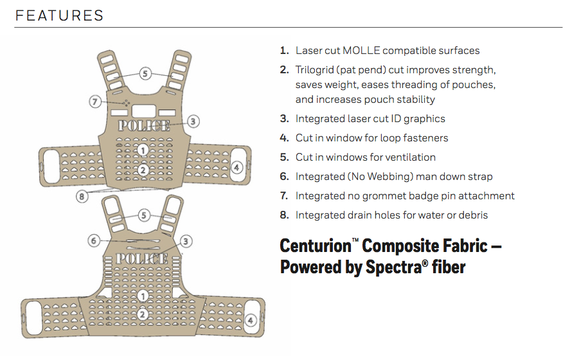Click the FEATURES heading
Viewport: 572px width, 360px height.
pyautogui.click(x=60, y=15)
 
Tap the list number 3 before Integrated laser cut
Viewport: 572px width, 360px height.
pyautogui.click(x=284, y=118)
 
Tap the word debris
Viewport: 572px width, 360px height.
pyautogui.click(x=472, y=215)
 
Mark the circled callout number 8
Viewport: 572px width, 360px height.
pyautogui.click(x=82, y=197)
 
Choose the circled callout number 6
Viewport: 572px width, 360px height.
pyautogui.click(x=94, y=241)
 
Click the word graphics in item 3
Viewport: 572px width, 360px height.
pyautogui.click(x=424, y=118)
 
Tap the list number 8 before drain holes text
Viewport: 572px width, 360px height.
pyautogui.click(x=284, y=215)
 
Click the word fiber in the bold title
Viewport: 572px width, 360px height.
pyautogui.click(x=448, y=267)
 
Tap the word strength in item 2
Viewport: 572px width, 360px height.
pyautogui.click(x=475, y=69)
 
